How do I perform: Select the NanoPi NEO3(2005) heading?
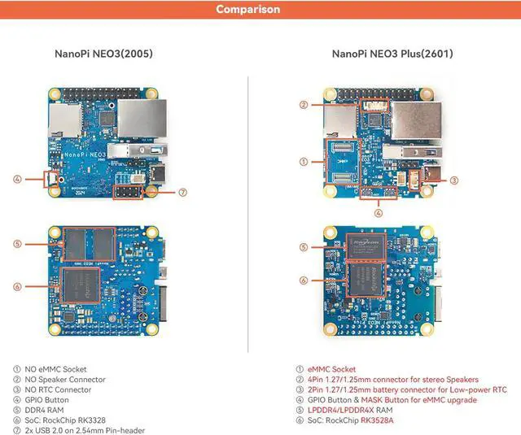pyautogui.click(x=103, y=54)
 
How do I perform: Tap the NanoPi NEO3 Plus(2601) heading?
pyautogui.click(x=392, y=54)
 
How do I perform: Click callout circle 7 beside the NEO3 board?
pyautogui.click(x=183, y=193)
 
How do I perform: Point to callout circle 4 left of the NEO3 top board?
pyautogui.click(x=17, y=179)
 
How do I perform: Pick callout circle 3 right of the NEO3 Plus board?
pyautogui.click(x=454, y=181)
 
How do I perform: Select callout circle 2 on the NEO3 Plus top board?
pyautogui.click(x=303, y=104)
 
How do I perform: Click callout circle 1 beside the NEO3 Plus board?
pyautogui.click(x=303, y=162)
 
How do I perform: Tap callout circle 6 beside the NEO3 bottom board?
pyautogui.click(x=17, y=285)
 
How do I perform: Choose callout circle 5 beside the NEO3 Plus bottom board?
pyautogui.click(x=303, y=247)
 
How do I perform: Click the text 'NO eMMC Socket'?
pyautogui.click(x=56, y=369)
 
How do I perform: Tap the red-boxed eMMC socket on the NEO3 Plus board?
pyautogui.click(x=340, y=163)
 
